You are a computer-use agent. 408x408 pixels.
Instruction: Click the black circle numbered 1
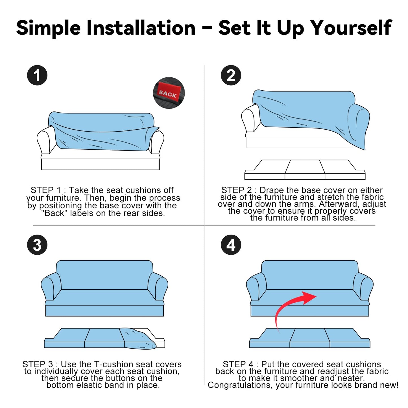[x=37, y=75]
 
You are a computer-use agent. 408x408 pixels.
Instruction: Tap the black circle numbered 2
[x=231, y=75]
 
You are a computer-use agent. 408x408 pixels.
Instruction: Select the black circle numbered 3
[x=37, y=245]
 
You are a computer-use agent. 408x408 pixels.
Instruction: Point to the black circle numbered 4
[x=231, y=245]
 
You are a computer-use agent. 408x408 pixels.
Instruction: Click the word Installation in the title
[x=141, y=28]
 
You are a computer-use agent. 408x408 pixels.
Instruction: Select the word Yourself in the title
[x=352, y=28]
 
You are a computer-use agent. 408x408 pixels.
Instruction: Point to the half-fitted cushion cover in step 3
[x=139, y=338]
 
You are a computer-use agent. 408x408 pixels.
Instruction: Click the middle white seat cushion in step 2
[x=305, y=170]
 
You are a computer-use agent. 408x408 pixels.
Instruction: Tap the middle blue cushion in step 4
[x=309, y=338]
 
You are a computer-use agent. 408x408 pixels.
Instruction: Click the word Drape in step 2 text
[x=272, y=190]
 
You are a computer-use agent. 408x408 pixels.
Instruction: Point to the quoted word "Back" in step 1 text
[x=54, y=213]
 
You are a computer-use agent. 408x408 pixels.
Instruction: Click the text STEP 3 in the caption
[x=38, y=365]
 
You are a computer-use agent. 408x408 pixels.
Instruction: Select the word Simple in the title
[x=49, y=28]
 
